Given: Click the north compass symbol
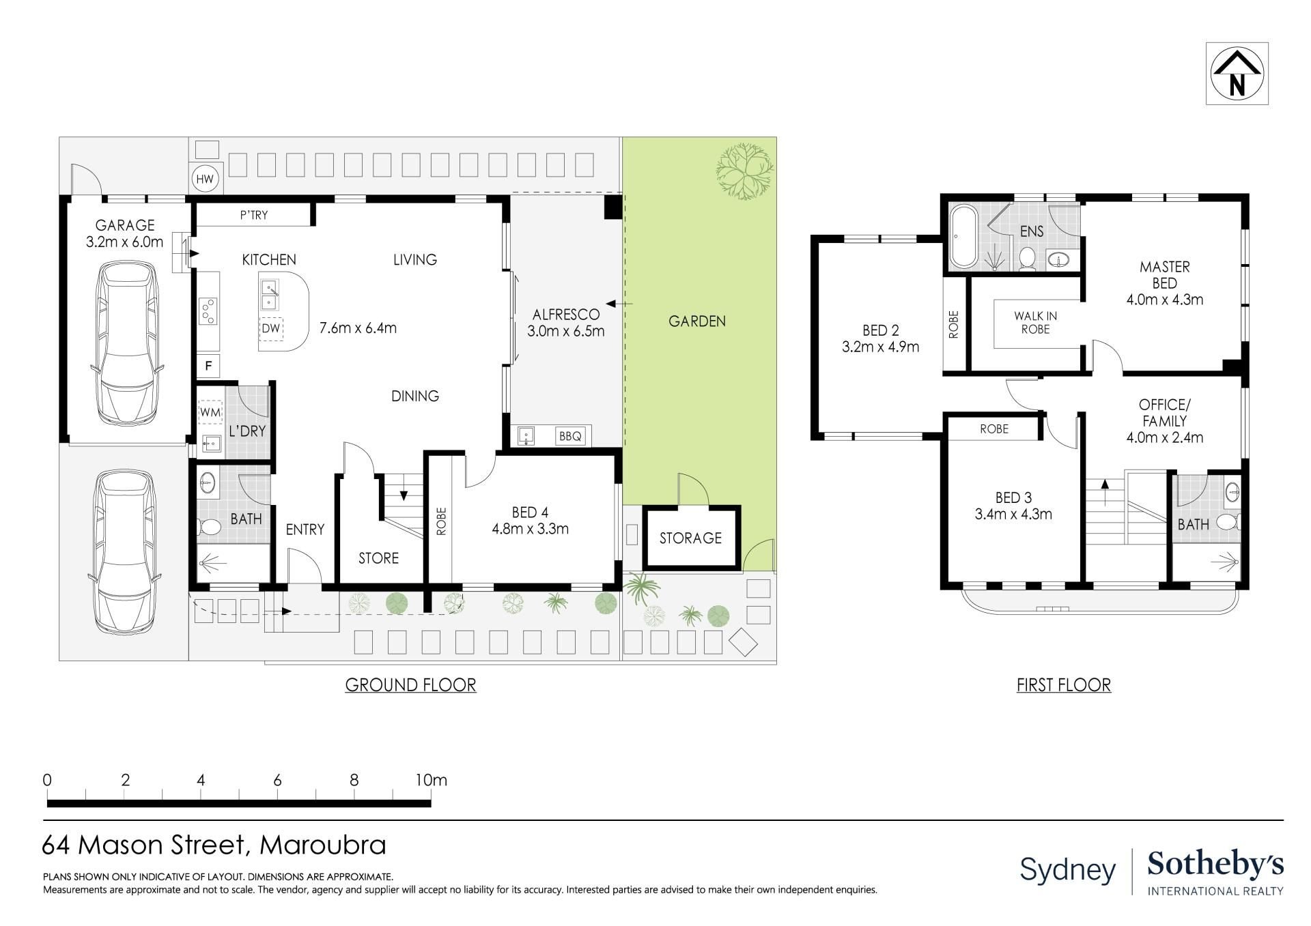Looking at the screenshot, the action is pos(1237,74).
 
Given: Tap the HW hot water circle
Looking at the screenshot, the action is pos(205,180).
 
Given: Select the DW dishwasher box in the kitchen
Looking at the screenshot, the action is pos(271,328).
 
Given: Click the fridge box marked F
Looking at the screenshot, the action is pos(208,366).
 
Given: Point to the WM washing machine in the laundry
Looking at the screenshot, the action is pos(210,412).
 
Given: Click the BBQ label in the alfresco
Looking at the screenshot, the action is pos(570,436).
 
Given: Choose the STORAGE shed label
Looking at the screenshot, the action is pos(690,538).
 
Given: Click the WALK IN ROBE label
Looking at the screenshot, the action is pos(1035,323).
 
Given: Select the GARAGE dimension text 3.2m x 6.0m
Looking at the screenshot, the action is pos(125,242).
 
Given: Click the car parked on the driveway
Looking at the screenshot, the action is pos(126,551).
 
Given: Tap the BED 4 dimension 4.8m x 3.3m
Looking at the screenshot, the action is pos(530,529).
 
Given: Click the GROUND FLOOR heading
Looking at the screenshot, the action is pos(410,685).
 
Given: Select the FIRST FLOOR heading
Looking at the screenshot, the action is pos(1064,685).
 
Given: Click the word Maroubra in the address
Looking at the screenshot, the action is pos(323,845).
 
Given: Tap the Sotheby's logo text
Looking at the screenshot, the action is pos(1215,865).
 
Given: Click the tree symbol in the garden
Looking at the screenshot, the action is pos(744,170).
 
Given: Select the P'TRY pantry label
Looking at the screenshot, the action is pos(254,216).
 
